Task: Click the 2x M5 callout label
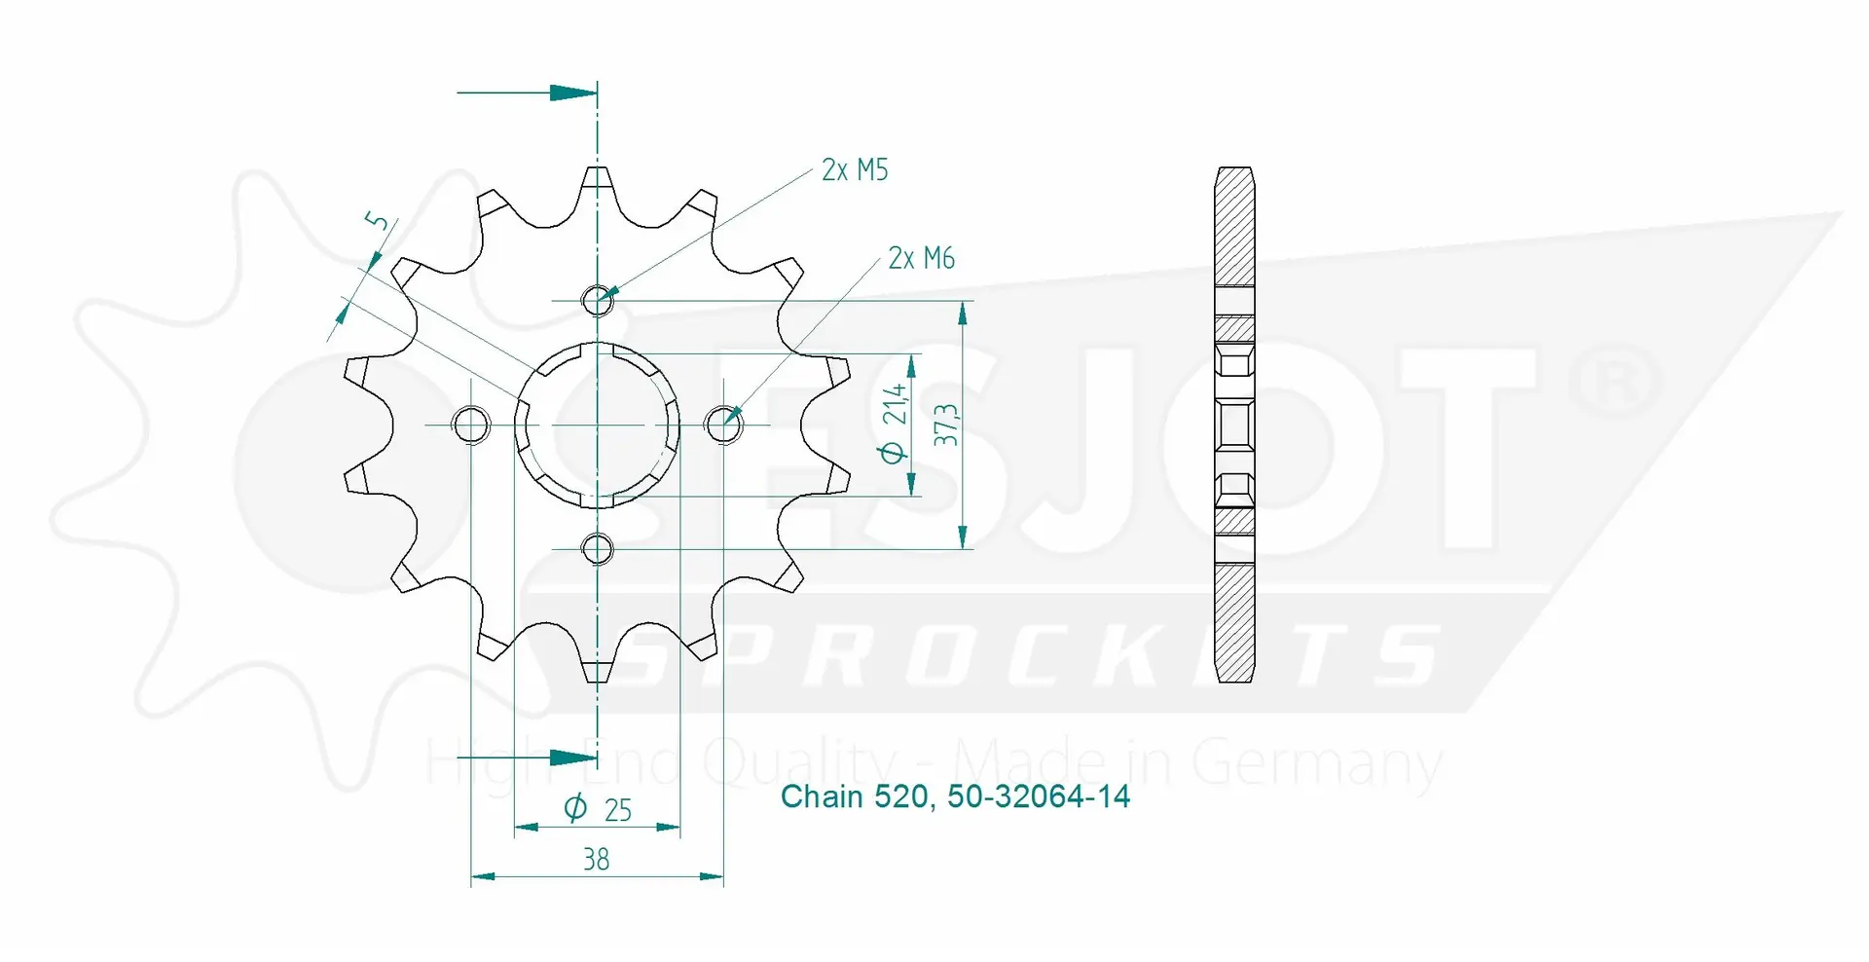coord(855,170)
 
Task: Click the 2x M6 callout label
coord(921,258)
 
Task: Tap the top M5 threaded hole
coord(598,301)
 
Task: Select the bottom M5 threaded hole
coord(598,549)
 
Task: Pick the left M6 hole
coord(471,425)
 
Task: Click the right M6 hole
coord(723,425)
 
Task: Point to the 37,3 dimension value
coord(945,425)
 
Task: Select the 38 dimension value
coord(596,859)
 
